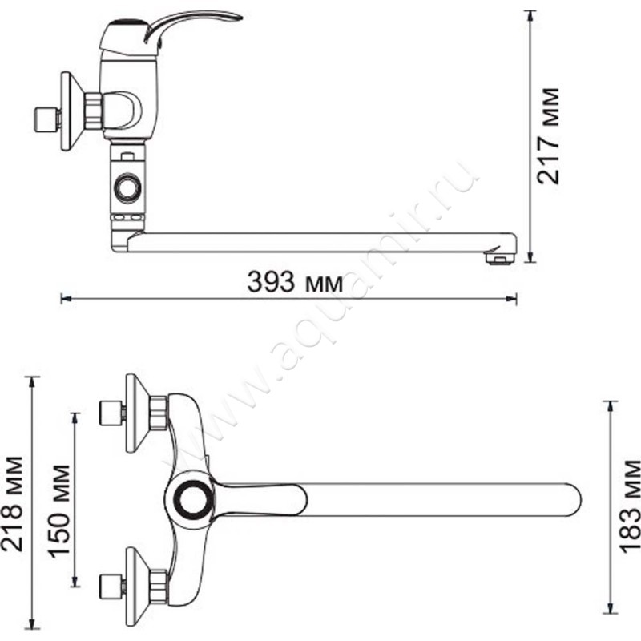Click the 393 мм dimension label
click(295, 282)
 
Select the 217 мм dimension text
click(548, 135)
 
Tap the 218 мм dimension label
click(12, 504)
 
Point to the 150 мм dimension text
click(59, 511)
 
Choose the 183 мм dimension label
click(630, 506)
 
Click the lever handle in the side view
click(192, 26)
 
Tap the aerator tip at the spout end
click(498, 259)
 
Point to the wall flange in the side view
click(71, 111)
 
